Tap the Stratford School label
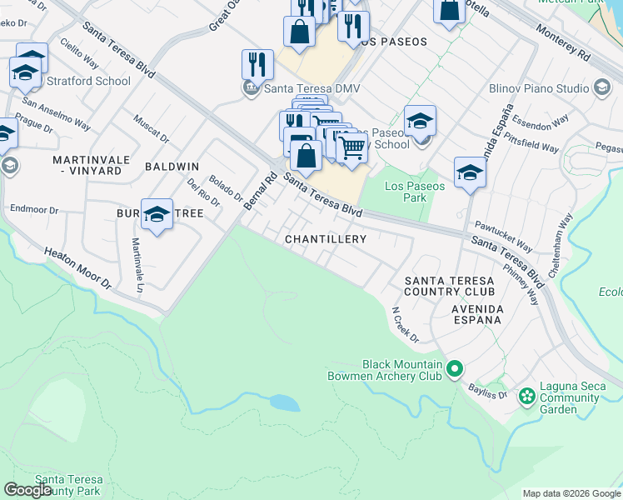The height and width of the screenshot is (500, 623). (88, 81)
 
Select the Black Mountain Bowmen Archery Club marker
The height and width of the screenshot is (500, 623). (455, 367)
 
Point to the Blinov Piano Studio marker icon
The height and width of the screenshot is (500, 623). (600, 87)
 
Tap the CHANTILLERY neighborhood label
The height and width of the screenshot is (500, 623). (325, 239)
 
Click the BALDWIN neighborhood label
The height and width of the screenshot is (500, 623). (172, 167)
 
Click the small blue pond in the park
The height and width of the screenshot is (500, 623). (283, 403)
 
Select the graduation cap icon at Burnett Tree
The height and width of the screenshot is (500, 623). (157, 215)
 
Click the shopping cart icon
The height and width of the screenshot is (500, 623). (352, 147)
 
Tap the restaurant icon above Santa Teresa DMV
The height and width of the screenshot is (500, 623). (257, 64)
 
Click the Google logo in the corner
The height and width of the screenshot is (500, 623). (27, 490)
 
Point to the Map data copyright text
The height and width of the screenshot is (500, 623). (571, 493)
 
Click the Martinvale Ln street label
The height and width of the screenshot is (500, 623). (137, 265)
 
